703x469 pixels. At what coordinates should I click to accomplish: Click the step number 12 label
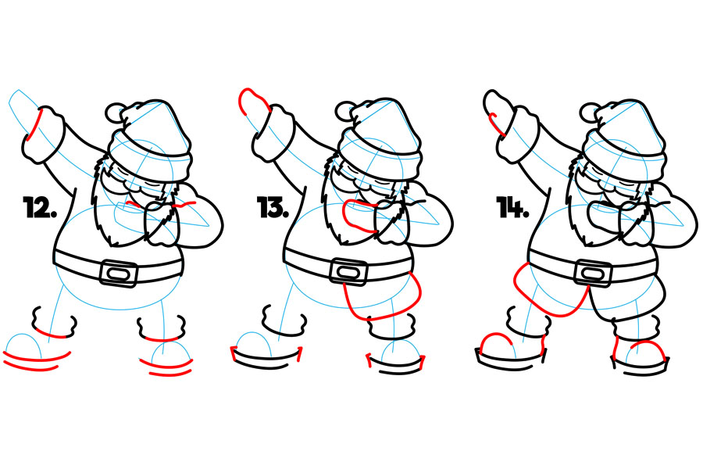pos(40,207)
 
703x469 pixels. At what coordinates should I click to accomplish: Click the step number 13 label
pos(273,207)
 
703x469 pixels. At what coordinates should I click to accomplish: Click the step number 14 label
pos(513,207)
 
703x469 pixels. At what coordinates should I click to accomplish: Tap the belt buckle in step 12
pos(119,273)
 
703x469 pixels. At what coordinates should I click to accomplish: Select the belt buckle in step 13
pos(348,272)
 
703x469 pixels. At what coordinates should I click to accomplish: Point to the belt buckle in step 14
pos(593,273)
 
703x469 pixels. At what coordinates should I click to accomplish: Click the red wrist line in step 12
pos(34,124)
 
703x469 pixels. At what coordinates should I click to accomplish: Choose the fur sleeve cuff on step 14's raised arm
pos(516,134)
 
